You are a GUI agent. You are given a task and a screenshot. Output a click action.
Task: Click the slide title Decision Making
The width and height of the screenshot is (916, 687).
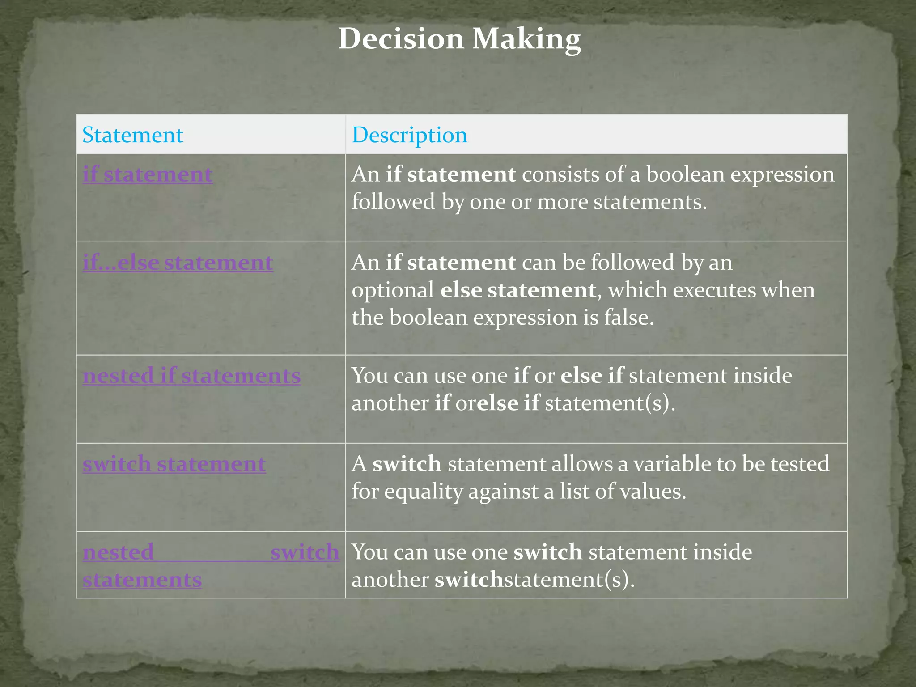(459, 39)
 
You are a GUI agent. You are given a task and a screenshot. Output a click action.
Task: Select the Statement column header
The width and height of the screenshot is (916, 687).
(133, 135)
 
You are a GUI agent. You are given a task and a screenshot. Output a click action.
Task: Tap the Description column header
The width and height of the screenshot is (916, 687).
(409, 135)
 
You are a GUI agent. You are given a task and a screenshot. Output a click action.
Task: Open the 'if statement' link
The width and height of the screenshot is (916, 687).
(147, 174)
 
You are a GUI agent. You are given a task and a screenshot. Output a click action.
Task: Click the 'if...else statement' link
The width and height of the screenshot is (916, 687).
(178, 263)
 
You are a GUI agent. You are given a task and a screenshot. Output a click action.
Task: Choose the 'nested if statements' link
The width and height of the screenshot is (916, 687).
(191, 376)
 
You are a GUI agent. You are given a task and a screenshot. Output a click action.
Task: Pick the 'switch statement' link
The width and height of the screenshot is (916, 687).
(174, 464)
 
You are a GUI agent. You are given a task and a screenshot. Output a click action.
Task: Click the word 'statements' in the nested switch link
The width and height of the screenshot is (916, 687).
(142, 580)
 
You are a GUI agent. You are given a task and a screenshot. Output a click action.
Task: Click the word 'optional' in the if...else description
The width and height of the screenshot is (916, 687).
(393, 290)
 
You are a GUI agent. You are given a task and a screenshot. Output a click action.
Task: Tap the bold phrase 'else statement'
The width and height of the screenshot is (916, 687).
(518, 290)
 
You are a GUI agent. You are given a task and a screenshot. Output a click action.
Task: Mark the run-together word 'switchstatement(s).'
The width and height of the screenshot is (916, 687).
(534, 580)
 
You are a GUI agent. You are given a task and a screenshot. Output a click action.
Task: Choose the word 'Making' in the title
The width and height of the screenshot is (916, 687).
(526, 39)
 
